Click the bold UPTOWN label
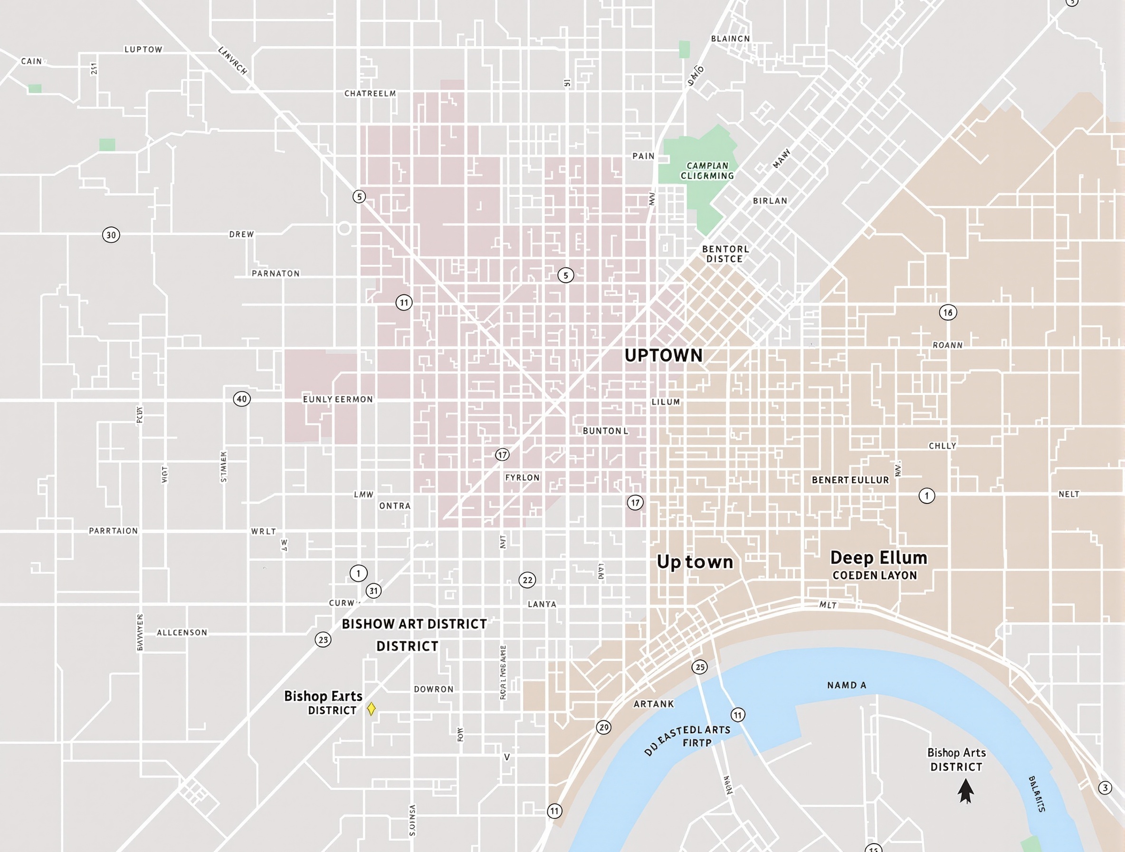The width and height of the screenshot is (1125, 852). coord(663,355)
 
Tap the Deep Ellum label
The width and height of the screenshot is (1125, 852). coord(878,557)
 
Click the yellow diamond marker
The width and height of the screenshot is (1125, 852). coord(371,708)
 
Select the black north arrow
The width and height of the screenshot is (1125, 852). coord(965,792)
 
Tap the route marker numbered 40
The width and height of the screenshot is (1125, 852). coord(241,398)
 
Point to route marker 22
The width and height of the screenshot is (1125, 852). coord(527,580)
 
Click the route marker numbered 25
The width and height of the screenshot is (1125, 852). coord(700,667)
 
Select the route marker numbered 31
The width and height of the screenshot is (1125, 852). coord(373,591)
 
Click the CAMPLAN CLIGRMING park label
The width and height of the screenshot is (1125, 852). coord(707,171)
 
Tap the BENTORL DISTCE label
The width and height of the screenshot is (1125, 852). coord(725,253)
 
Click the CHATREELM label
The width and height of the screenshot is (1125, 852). coord(370,93)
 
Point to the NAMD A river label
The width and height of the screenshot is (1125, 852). coord(846,685)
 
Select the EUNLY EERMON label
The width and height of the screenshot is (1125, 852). coord(338,399)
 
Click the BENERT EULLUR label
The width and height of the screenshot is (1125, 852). coord(850,479)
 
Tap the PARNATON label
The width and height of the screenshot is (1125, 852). coord(276,273)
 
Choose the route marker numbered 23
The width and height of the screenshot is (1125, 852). coord(323,639)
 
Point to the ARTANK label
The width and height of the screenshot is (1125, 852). coord(653,704)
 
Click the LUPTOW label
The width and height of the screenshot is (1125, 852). coord(143,49)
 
